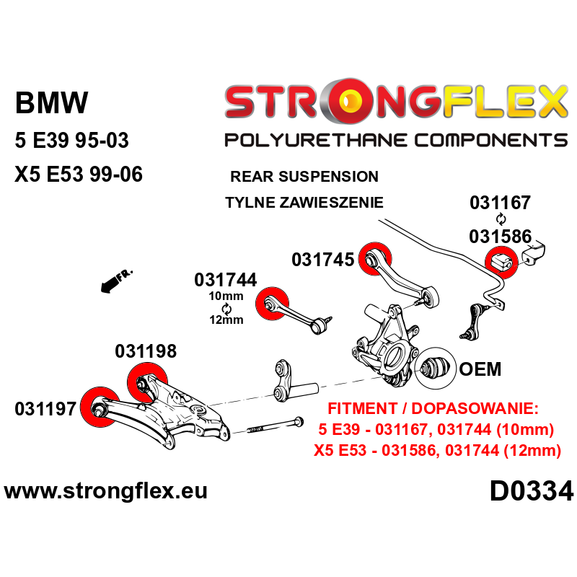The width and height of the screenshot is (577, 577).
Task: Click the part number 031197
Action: click(45, 409)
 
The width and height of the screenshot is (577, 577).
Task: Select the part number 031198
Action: click(146, 351)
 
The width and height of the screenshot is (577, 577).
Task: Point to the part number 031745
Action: click(322, 259)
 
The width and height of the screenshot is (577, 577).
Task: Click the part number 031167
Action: click(501, 203)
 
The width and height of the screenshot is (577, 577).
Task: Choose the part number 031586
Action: click(501, 236)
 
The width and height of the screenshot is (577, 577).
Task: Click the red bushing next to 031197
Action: click(100, 406)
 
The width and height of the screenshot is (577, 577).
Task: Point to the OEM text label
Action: click(480, 369)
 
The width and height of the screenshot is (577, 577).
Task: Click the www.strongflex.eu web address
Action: click(106, 492)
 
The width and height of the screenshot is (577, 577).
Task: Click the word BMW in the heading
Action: click(51, 103)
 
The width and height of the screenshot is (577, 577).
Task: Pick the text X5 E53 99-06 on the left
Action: click(79, 175)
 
